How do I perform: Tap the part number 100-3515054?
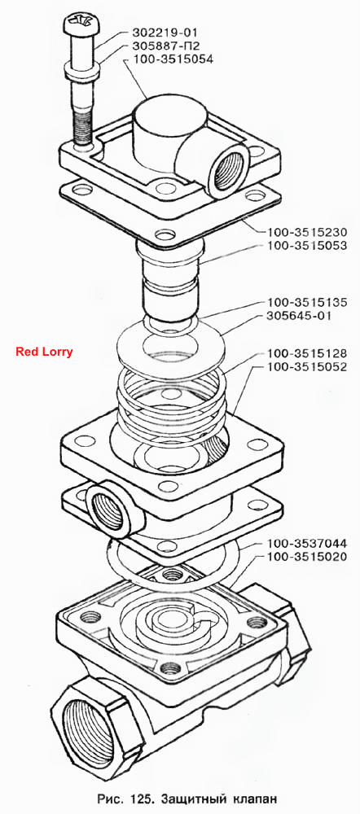coord(173,59)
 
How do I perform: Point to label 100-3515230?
coord(307,231)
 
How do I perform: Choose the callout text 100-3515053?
coord(307,246)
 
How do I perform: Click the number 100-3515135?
coord(307,302)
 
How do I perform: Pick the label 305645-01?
coord(299,316)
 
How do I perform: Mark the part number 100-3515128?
coord(307,353)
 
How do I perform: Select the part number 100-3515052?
coord(307,368)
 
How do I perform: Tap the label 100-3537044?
coord(307,544)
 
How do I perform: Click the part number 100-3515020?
coord(307,558)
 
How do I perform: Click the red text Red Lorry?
coord(44,352)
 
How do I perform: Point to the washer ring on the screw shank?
coord(82,68)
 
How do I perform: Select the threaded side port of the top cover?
coord(229,169)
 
